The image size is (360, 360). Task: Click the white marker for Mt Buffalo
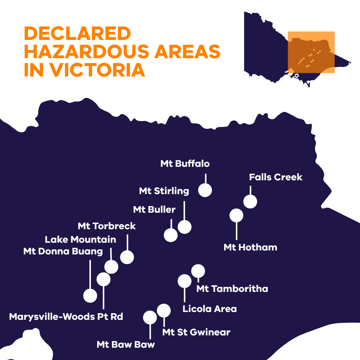point(205,190)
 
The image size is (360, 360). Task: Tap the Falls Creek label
point(276,177)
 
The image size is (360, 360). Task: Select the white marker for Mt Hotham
point(236,215)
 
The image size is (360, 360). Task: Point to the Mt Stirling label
point(164,191)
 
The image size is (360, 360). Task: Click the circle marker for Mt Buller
point(171,235)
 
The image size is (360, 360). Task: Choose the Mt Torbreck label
point(107,226)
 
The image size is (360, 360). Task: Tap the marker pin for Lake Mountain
point(111,267)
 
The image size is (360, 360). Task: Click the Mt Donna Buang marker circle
point(90,295)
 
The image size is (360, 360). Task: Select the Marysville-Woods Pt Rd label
point(66,317)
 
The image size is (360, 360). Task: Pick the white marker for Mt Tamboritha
point(198,271)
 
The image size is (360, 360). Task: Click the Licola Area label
point(210,309)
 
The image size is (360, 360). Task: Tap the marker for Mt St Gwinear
point(164,310)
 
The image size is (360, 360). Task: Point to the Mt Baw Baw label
point(126,345)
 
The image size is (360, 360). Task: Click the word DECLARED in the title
point(77,34)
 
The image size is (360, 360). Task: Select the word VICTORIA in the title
point(97,70)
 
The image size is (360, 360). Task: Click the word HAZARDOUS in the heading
point(86,52)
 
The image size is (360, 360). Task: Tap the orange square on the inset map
point(311,52)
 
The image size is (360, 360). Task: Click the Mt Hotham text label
point(250,247)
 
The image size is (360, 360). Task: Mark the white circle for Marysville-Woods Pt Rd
point(103,279)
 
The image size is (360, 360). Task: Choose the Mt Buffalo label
point(185,164)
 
